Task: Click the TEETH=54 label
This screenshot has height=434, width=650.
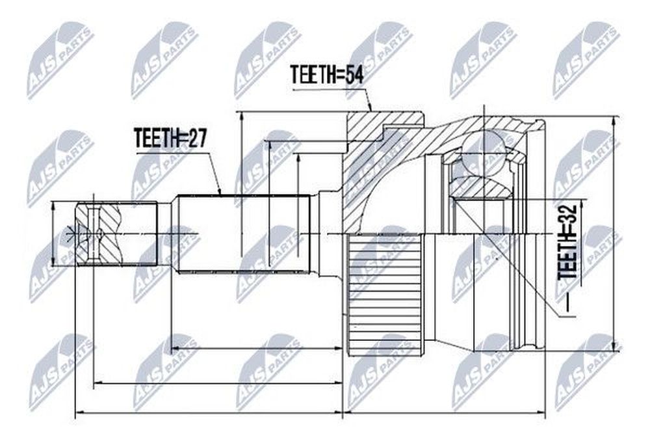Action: click(x=327, y=75)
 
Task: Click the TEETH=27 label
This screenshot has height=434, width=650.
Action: click(x=170, y=138)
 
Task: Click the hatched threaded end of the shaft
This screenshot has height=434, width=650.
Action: click(x=117, y=234)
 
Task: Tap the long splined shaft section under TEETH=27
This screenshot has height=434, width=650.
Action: click(x=244, y=234)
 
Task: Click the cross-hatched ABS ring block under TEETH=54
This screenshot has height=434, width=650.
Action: click(x=383, y=170)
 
